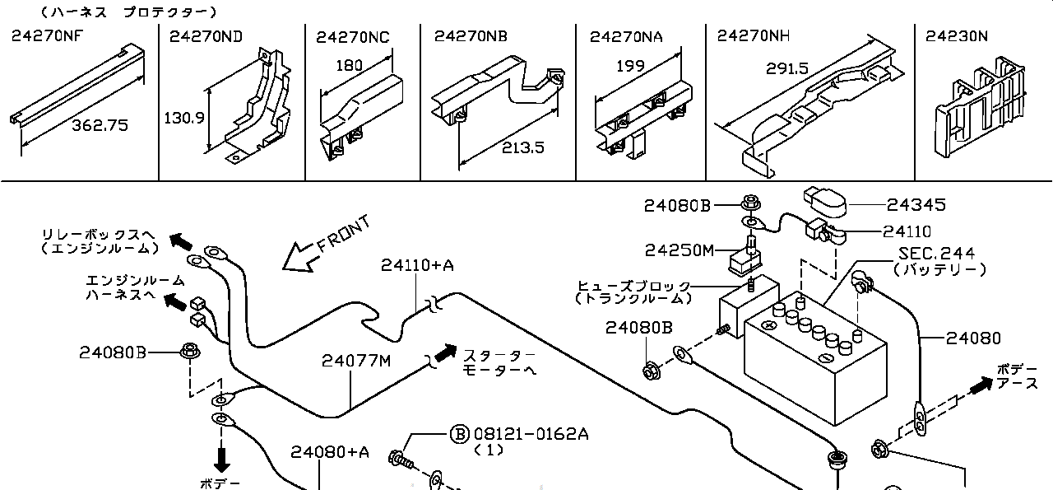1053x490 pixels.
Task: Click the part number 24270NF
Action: pos(47,35)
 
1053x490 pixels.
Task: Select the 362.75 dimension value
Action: pos(100,125)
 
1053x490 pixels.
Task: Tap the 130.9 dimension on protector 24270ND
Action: pos(183,118)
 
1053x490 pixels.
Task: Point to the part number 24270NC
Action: pos(353,37)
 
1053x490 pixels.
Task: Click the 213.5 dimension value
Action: pos(522,147)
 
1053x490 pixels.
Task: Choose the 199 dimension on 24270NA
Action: pos(630,66)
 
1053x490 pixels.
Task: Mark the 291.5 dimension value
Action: pos(787,68)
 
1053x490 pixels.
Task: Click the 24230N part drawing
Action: pos(980,108)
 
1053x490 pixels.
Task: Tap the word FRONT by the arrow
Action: pos(343,234)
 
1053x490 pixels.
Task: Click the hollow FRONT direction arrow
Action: pos(298,258)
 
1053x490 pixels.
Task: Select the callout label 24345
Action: pos(916,205)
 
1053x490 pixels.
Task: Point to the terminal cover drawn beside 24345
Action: pos(825,202)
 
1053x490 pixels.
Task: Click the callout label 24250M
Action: pos(680,250)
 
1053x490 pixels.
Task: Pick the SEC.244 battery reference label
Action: pos(936,254)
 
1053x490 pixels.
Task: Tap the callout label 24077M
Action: pos(356,361)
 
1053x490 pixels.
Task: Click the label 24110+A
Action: pos(417,265)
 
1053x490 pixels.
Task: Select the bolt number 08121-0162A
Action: pos(531,433)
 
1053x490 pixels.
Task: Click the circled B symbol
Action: pos(460,434)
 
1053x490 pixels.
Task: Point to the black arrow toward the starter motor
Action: pos(446,352)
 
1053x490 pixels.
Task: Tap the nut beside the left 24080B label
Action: pos(190,351)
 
